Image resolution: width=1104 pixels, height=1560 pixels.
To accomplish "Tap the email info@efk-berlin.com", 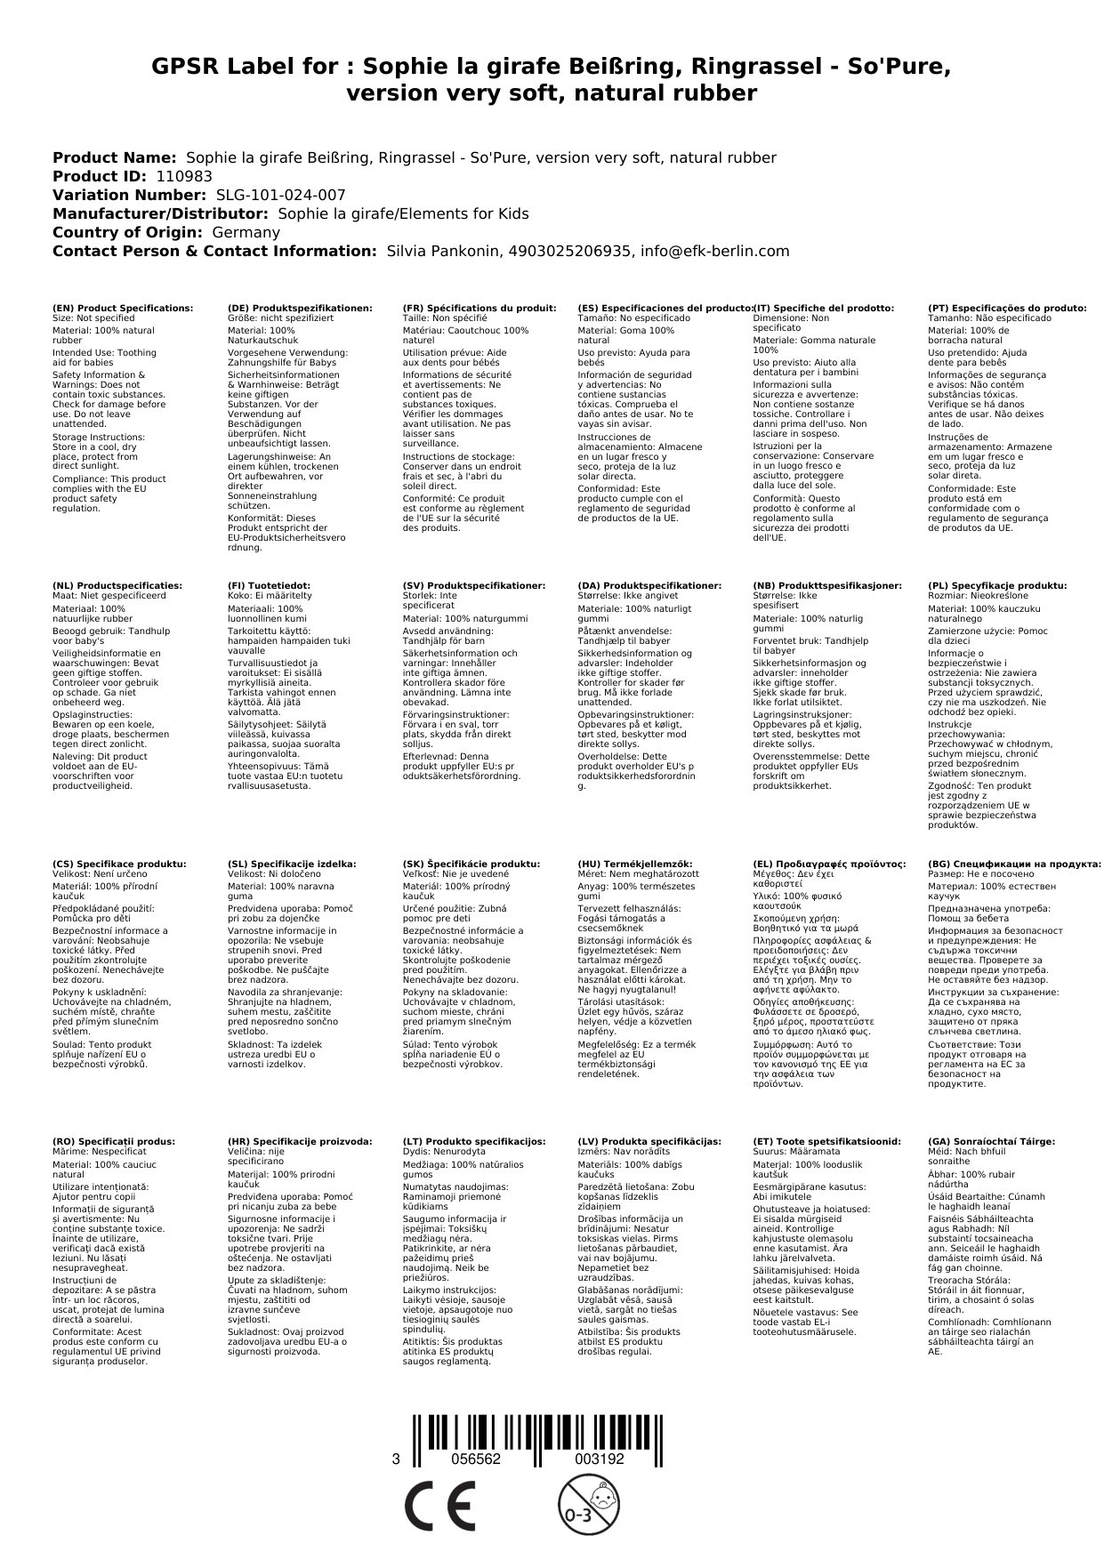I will [721, 251].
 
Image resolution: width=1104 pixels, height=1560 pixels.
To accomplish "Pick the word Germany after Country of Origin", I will [246, 232].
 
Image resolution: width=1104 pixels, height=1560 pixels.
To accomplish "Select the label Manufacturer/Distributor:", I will [160, 213].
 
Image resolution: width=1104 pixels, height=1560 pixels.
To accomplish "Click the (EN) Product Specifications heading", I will [123, 308].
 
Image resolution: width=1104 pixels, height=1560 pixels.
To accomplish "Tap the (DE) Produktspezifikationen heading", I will [300, 308].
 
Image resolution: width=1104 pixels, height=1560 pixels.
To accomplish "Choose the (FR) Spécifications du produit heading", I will [479, 308].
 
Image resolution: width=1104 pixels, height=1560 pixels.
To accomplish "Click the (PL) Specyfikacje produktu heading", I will [997, 586].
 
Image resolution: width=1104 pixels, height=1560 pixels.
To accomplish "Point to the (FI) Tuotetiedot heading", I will [269, 586].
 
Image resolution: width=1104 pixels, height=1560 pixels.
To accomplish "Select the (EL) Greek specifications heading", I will [829, 864].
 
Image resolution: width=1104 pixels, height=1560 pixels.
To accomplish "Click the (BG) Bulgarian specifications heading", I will [1014, 864].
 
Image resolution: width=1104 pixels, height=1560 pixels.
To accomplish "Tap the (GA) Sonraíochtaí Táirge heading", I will [991, 1141].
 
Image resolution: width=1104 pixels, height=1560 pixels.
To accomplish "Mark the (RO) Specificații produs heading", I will [114, 1141].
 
